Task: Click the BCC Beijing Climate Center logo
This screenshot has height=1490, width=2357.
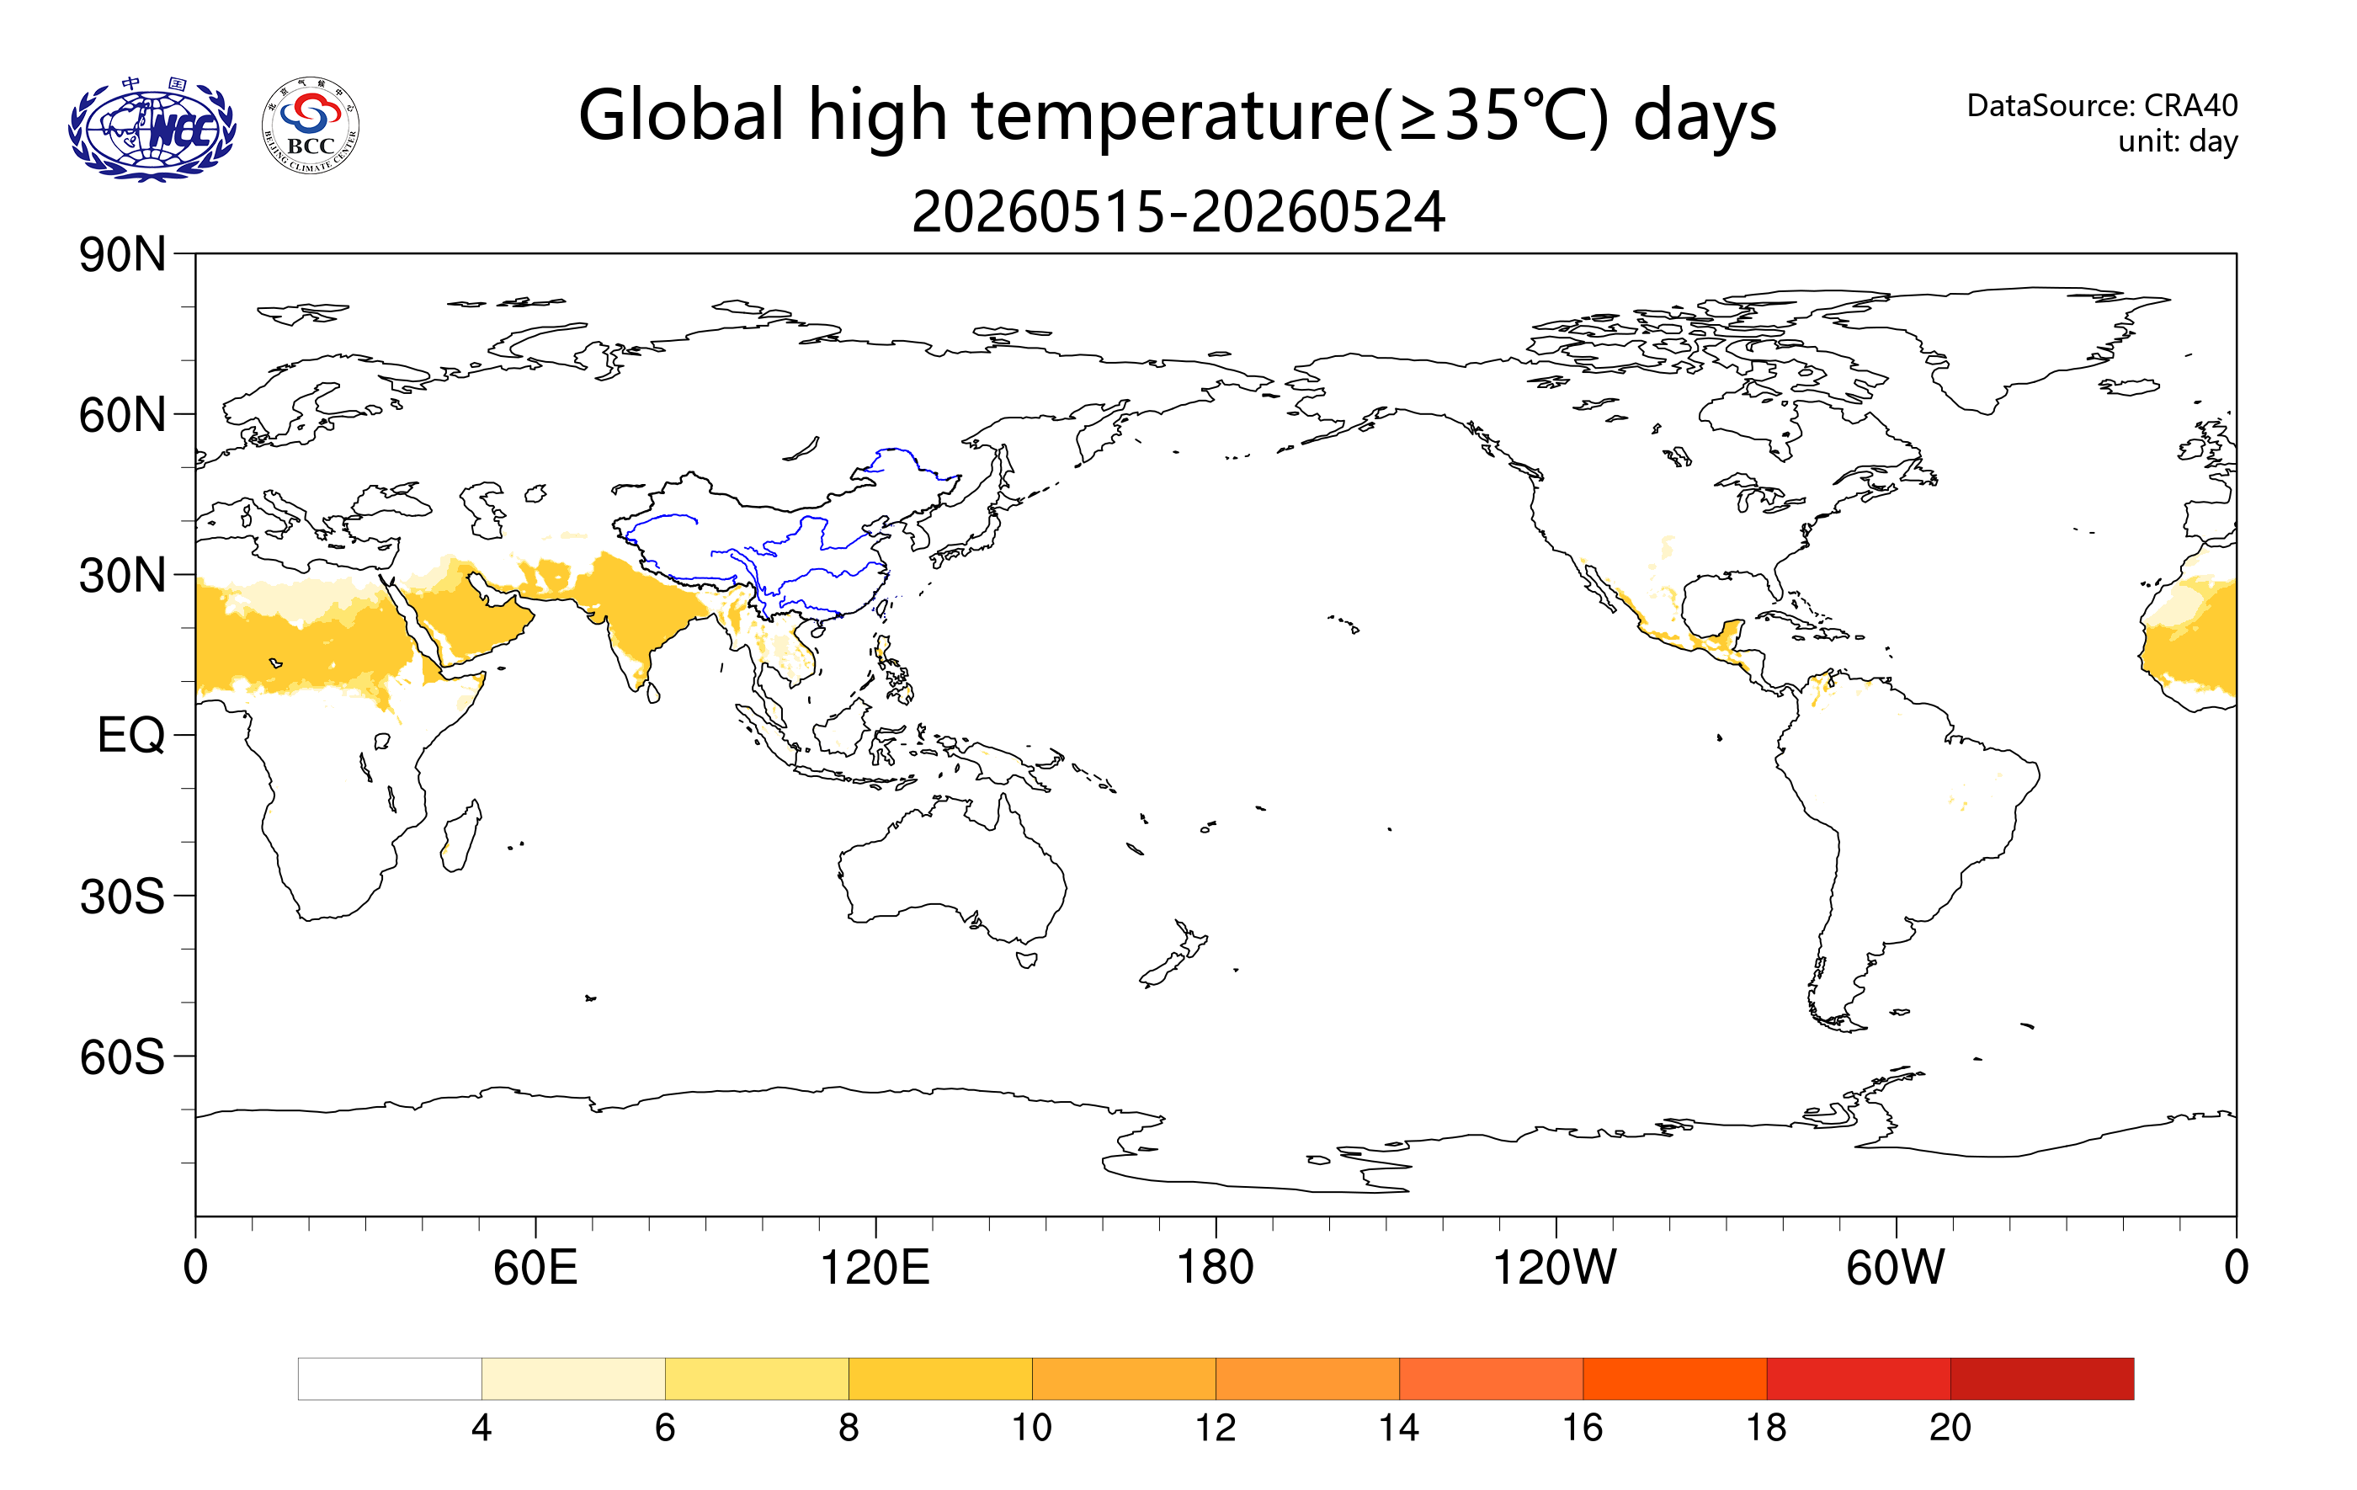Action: click(311, 126)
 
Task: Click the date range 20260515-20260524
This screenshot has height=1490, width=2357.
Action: click(1178, 212)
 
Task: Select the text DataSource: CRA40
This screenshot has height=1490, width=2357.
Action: click(2102, 104)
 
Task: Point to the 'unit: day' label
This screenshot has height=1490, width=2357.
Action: click(2177, 142)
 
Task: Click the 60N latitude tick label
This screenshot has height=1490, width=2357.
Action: click(122, 415)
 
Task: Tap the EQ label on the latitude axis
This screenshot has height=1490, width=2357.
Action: click(131, 735)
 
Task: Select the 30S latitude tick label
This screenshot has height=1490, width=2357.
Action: click(122, 896)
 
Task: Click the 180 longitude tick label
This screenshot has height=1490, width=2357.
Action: click(1215, 1268)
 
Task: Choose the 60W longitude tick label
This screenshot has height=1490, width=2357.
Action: click(1895, 1268)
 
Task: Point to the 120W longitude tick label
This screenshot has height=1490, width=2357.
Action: click(1555, 1268)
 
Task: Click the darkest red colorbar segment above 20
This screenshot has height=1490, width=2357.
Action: click(2042, 1378)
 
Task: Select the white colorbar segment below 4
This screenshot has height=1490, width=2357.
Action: click(390, 1378)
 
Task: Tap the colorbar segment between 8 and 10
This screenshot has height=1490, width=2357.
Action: click(940, 1378)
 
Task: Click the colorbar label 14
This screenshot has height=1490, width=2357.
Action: click(1399, 1429)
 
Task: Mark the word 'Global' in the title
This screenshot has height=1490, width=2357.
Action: click(681, 114)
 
